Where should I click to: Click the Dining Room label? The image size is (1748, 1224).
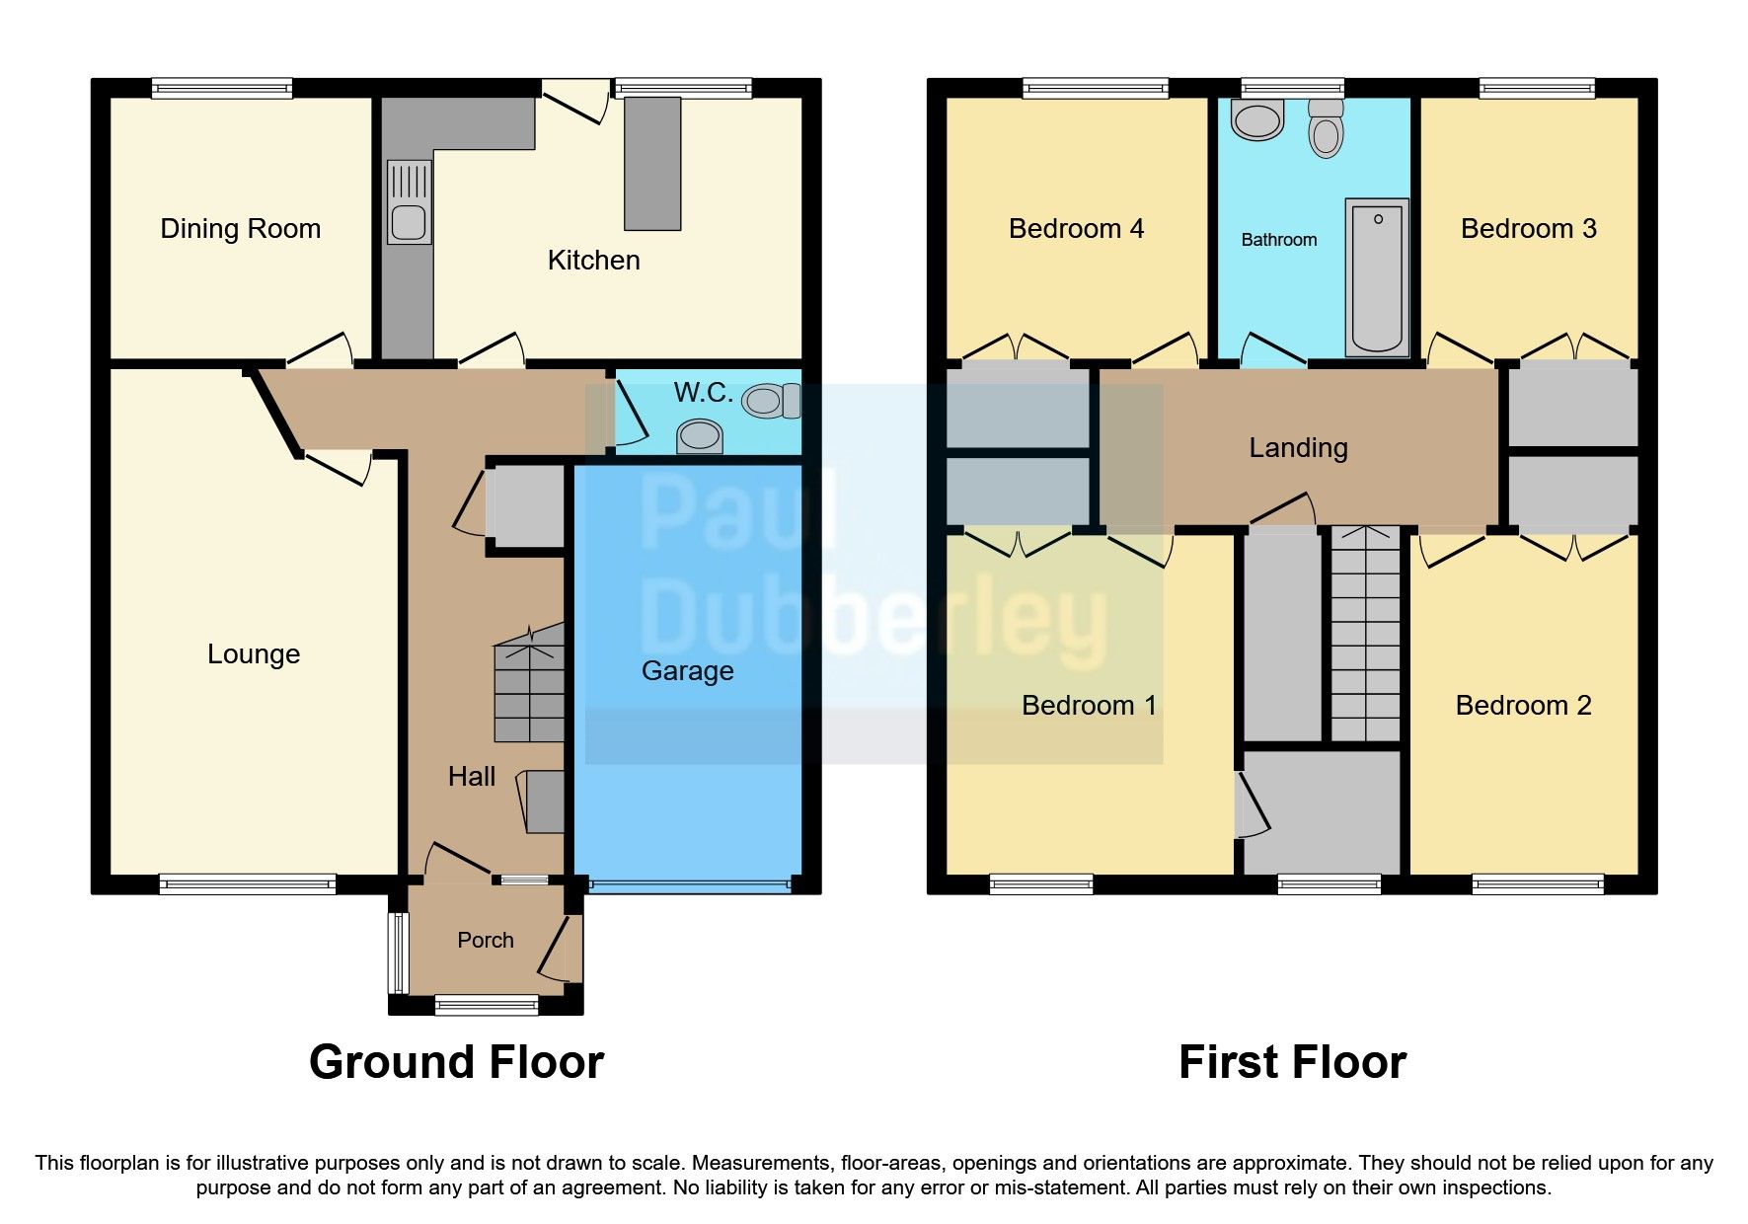coord(240,229)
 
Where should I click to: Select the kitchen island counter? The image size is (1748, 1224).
coord(652,163)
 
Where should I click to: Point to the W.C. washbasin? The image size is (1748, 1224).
coord(700,435)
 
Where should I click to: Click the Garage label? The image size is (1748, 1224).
coord(687,671)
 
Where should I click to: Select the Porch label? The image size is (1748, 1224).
coord(485,941)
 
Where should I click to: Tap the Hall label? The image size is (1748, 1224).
coord(471,777)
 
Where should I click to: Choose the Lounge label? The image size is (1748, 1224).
coord(253,654)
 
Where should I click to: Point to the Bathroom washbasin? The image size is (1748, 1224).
coord(1256,121)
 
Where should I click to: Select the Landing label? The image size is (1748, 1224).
coord(1298,448)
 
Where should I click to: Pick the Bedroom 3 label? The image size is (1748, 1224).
coord(1528,229)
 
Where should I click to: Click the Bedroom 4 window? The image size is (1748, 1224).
coord(1095,89)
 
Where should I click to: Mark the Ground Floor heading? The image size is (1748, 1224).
coord(456,1063)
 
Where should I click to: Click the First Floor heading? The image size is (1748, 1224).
coord(1291,1063)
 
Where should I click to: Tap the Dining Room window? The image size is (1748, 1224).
coord(222,89)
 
